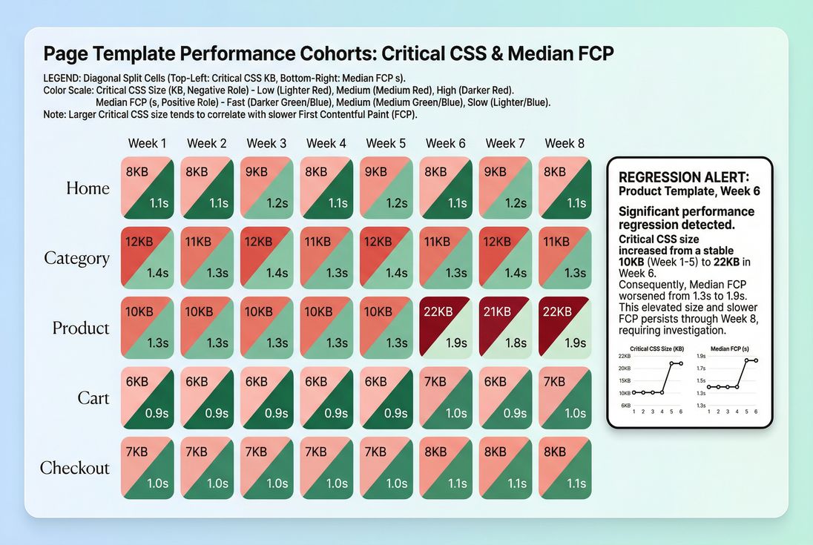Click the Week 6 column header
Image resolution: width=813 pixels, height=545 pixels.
(446, 143)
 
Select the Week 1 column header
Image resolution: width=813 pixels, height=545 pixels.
(147, 143)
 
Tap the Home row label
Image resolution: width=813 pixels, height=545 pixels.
(88, 188)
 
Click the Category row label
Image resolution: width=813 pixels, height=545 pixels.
(76, 258)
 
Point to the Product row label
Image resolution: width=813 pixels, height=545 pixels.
(81, 328)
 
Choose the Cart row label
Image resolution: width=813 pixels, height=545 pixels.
(93, 398)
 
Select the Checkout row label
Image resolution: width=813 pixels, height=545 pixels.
(74, 468)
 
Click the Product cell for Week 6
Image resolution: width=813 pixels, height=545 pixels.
(446, 328)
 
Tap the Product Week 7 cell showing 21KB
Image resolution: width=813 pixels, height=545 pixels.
(505, 328)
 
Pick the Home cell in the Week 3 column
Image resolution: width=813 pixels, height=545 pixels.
(266, 188)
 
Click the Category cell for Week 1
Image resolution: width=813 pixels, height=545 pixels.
(147, 258)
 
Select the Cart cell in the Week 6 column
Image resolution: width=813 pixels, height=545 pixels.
(446, 398)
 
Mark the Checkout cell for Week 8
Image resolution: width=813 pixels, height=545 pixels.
(565, 468)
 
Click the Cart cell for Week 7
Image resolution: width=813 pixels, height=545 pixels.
(505, 398)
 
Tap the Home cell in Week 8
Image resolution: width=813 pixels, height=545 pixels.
(565, 188)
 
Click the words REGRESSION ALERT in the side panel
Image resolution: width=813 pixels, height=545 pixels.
(683, 177)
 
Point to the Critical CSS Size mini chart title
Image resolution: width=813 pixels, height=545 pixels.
(656, 348)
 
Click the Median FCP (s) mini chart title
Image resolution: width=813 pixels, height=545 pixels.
(731, 348)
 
